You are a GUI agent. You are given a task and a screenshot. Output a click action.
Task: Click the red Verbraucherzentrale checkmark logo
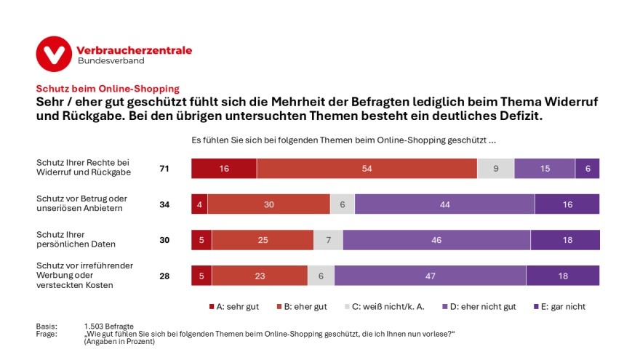coord(54,54)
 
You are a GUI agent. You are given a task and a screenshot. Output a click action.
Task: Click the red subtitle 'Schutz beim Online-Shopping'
coord(108,89)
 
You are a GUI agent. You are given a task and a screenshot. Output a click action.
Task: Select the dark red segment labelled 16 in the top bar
coord(224,168)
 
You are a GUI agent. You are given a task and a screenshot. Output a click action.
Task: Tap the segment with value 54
coord(367,168)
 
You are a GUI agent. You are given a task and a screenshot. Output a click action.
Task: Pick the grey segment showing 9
coord(495,168)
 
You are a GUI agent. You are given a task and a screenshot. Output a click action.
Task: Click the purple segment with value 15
coord(545,168)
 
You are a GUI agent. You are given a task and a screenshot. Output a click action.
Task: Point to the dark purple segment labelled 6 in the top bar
coord(588,168)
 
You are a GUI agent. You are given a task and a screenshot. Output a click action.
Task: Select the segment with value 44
coord(444,204)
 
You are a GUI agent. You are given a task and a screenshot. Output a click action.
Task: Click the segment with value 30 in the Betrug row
coord(269,204)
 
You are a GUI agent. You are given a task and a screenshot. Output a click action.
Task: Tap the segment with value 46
coord(436,240)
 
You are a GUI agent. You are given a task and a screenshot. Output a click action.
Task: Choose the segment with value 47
coord(430,276)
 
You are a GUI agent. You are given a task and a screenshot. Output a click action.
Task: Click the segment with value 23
coord(260,276)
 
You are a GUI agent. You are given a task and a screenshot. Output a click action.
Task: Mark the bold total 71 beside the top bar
coord(164,169)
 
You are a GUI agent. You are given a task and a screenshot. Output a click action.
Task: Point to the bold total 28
coord(164,276)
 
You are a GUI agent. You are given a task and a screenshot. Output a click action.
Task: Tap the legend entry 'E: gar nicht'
coord(559,306)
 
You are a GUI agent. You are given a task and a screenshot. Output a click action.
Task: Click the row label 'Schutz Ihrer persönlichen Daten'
coord(76,240)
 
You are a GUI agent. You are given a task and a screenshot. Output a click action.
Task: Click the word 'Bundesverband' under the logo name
coord(111,61)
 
